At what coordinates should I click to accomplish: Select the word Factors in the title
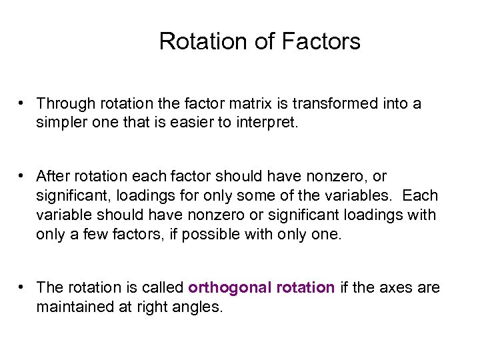[321, 41]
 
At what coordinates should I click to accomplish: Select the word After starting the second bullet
[52, 177]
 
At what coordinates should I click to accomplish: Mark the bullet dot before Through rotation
[23, 103]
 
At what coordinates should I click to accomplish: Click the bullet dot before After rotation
[23, 176]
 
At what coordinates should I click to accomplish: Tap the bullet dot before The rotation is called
[23, 287]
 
